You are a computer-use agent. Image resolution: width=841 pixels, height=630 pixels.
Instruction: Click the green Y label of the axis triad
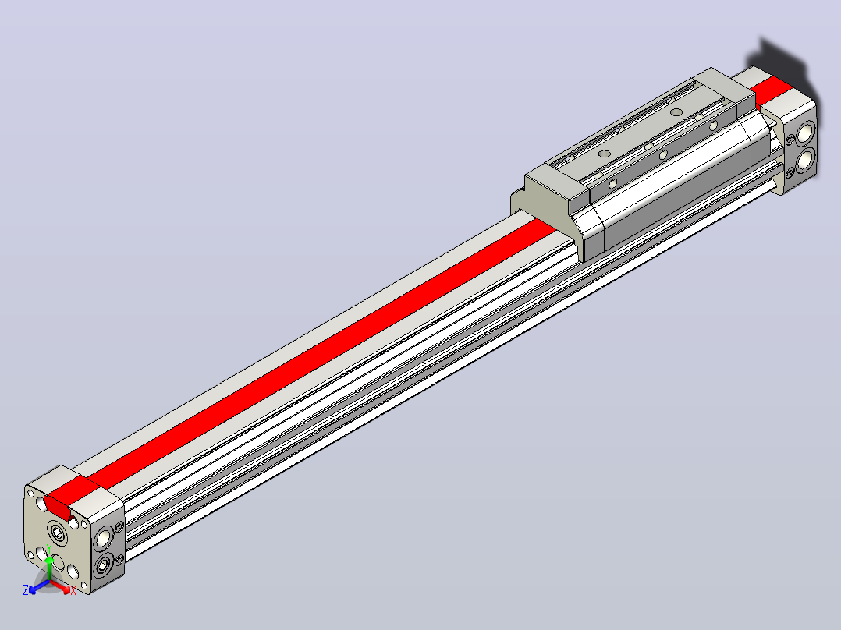click(49, 548)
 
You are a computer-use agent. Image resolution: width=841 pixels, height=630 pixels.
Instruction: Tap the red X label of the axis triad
click(73, 591)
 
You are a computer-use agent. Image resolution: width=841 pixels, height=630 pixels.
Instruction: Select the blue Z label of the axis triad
click(26, 589)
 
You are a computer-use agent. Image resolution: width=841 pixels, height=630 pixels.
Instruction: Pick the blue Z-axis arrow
click(39, 586)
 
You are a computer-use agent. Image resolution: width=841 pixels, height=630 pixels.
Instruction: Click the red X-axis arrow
click(59, 586)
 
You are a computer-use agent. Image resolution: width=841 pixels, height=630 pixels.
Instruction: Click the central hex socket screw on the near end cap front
click(58, 533)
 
